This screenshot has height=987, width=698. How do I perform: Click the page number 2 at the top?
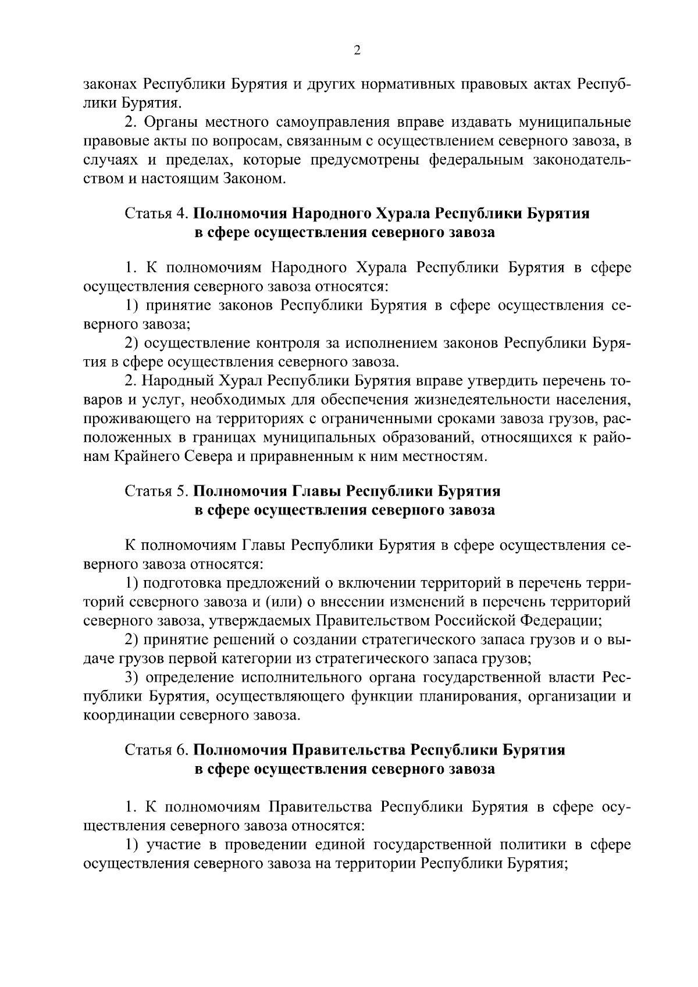click(357, 51)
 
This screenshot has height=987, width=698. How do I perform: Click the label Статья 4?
click(155, 213)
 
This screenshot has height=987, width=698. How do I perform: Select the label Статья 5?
click(155, 491)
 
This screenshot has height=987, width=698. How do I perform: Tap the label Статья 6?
click(155, 750)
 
